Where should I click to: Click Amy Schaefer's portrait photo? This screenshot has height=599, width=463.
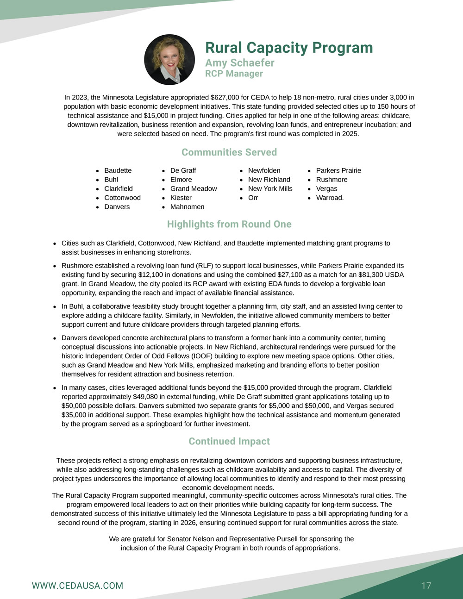(x=169, y=59)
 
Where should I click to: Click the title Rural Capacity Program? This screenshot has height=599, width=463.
(x=288, y=48)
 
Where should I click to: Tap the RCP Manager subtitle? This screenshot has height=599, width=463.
(x=234, y=74)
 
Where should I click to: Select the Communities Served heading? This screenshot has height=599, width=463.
(x=229, y=152)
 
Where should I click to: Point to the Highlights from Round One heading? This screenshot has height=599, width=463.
(x=229, y=224)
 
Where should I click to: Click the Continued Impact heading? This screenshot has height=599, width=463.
(x=229, y=441)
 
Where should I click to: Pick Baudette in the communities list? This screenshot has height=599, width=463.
(x=118, y=170)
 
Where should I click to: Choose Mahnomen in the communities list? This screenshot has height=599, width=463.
(x=187, y=206)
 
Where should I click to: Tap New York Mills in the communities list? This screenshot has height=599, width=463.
(x=270, y=188)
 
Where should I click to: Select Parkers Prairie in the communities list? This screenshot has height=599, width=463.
(x=338, y=170)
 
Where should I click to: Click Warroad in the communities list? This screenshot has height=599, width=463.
(x=329, y=198)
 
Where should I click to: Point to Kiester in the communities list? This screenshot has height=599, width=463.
(x=181, y=198)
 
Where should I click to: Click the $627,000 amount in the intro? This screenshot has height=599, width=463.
(x=224, y=98)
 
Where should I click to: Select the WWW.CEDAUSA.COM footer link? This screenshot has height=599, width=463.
(x=77, y=586)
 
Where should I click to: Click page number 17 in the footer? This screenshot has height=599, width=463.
(x=426, y=586)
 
